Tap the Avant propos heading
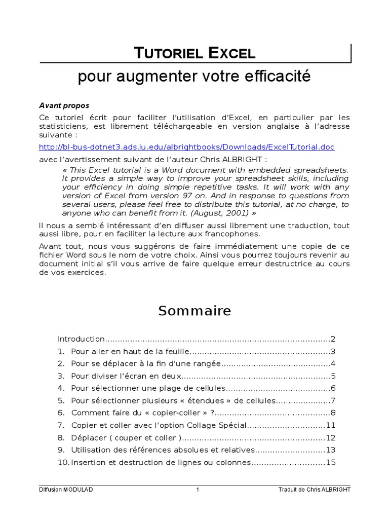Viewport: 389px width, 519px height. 64,105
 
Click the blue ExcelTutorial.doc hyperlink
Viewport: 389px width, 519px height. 187,147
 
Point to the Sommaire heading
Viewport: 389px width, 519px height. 194,311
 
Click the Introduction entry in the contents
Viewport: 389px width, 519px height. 81,339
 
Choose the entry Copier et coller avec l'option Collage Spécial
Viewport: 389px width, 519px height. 159,425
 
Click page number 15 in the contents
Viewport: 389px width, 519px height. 331,462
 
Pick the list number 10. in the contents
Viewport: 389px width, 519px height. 62,462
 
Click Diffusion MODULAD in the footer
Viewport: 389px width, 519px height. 66,490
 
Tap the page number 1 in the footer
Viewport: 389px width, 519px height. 198,490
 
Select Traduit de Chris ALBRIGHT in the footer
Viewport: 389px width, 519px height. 314,490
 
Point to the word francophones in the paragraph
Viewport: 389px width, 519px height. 237,234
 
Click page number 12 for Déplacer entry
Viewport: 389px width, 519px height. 331,437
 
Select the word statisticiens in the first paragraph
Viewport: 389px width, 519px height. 63,126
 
